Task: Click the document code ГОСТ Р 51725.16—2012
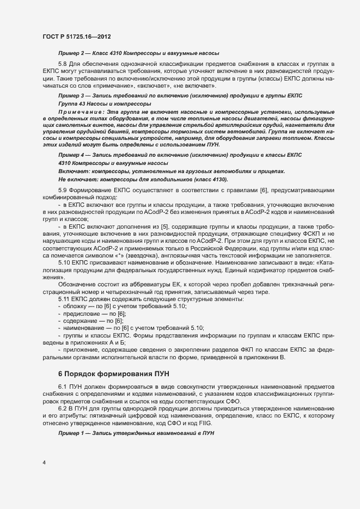click(x=77, y=36)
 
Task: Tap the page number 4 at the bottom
click(x=44, y=463)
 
